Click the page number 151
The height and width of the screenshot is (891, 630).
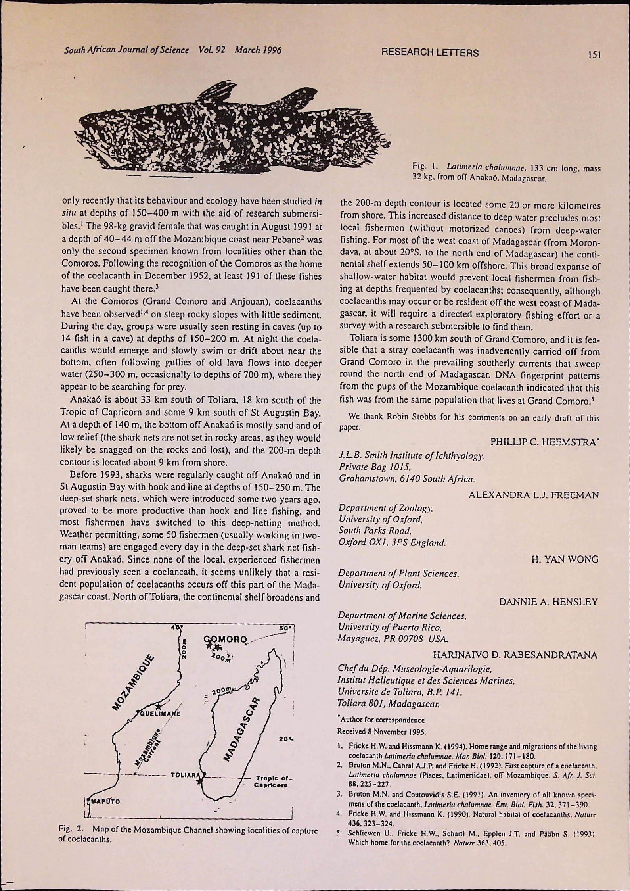pos(596,54)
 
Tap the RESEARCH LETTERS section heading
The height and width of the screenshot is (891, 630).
pos(429,53)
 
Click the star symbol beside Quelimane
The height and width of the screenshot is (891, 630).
pos(158,706)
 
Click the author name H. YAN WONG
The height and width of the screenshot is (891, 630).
pos(565,559)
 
